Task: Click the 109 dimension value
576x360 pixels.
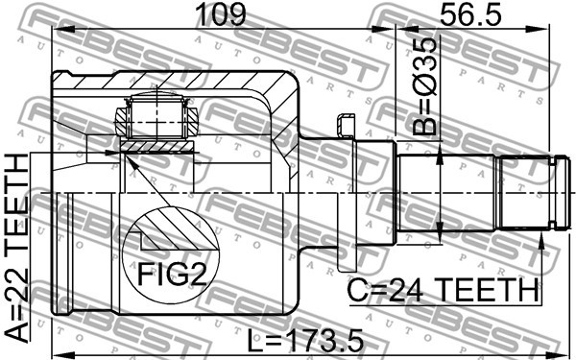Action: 221,14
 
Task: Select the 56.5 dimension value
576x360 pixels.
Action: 470,14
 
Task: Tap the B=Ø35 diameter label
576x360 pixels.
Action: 425,86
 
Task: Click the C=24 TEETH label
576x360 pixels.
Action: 443,291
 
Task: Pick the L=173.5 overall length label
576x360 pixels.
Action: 305,341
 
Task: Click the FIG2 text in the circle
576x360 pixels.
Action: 172,274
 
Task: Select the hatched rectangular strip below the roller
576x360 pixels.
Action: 156,146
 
